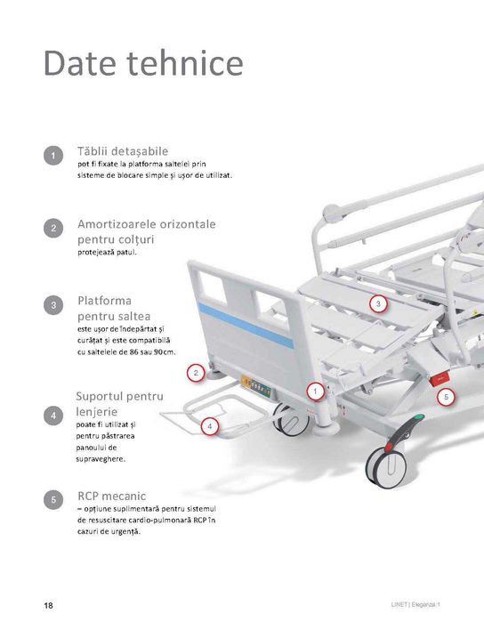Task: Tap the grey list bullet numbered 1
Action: tap(53, 156)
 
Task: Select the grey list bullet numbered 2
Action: tap(53, 229)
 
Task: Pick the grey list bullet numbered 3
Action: tap(53, 306)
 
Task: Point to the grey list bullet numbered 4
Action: tap(53, 416)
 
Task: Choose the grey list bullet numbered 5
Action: tap(53, 500)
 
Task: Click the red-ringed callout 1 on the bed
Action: tap(315, 392)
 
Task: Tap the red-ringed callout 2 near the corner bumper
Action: tap(196, 373)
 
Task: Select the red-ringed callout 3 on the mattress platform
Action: tap(378, 303)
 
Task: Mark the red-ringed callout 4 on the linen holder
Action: tap(209, 426)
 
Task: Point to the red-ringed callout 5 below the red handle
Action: tap(446, 397)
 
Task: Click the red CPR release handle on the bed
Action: tap(440, 380)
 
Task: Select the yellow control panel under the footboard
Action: tap(256, 386)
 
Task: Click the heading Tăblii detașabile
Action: tap(123, 151)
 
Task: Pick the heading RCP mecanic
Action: tap(112, 496)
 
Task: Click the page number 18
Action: tap(48, 605)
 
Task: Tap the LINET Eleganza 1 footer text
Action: tap(415, 605)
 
